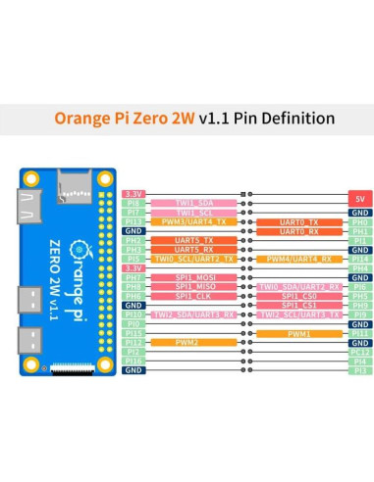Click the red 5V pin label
pyautogui.click(x=359, y=196)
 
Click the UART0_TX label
pyautogui.click(x=298, y=222)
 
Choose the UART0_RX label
pyautogui.click(x=298, y=231)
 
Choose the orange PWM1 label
pyautogui.click(x=298, y=333)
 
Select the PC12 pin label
pyautogui.click(x=359, y=352)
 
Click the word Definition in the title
pyautogui.click(x=294, y=119)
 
